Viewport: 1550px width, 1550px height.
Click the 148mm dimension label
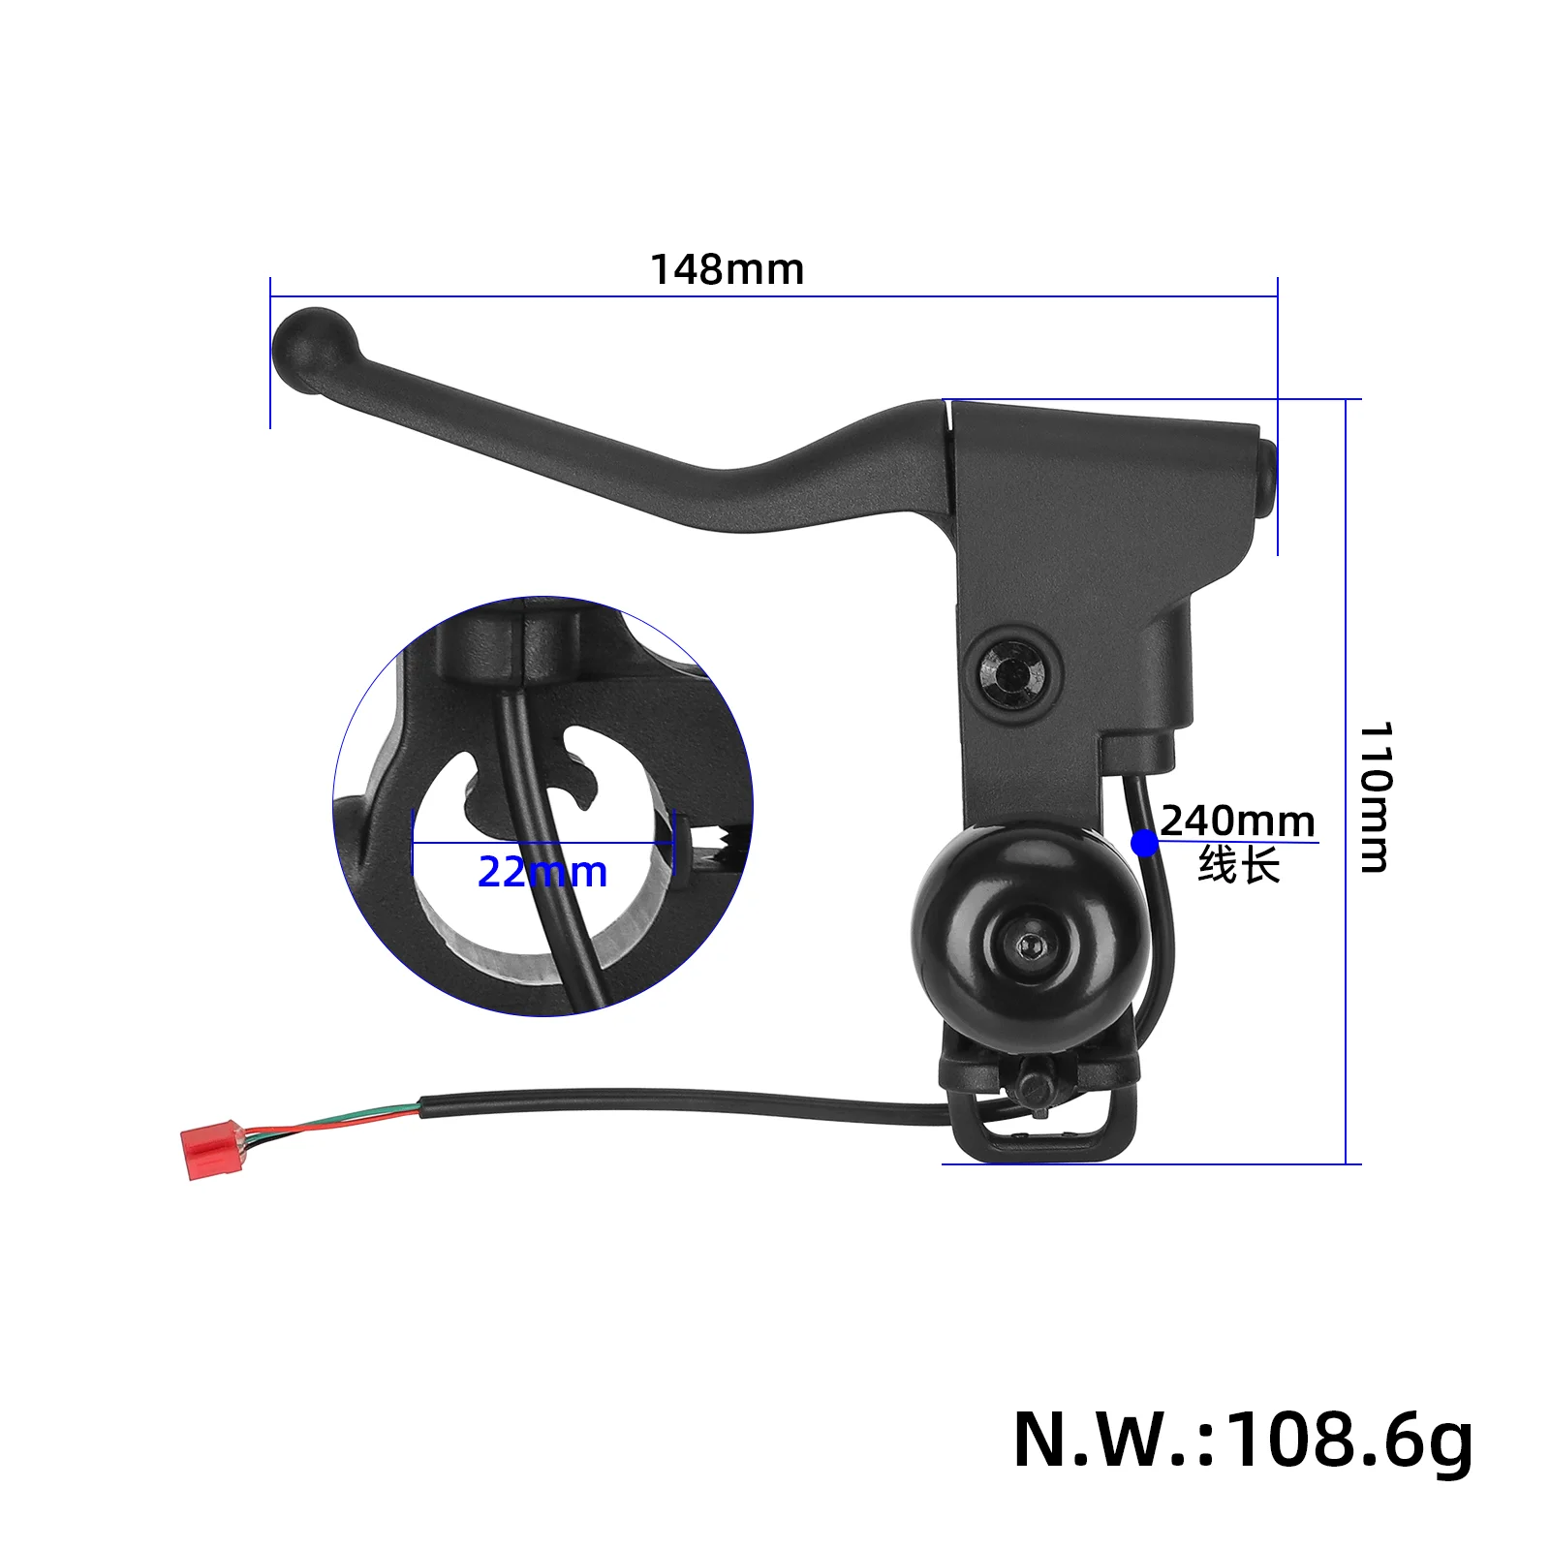pyautogui.click(x=727, y=270)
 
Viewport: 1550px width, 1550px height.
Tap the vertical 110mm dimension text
pyautogui.click(x=1375, y=796)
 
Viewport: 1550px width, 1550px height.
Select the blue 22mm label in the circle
pyautogui.click(x=542, y=873)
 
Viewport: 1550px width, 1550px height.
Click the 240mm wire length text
pyautogui.click(x=1237, y=821)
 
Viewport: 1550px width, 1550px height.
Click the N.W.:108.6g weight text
pyautogui.click(x=1243, y=1441)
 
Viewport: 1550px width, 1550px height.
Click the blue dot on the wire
pyautogui.click(x=1144, y=844)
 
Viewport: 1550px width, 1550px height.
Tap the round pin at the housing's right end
pyautogui.click(x=1265, y=475)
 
